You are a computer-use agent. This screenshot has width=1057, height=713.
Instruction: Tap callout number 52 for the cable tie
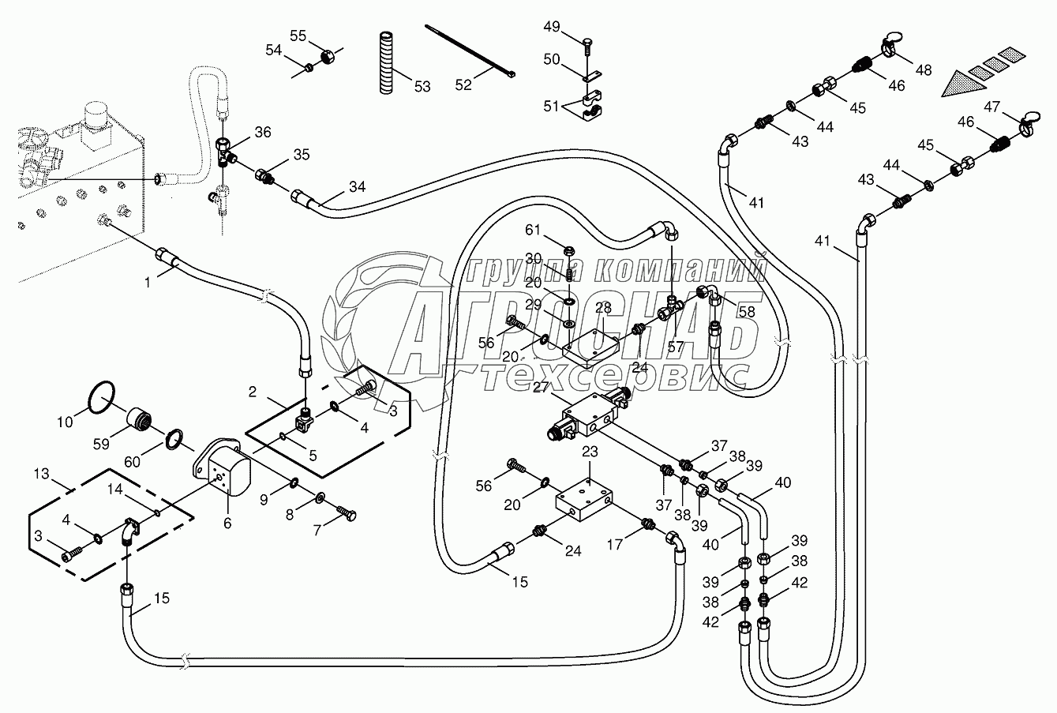463,84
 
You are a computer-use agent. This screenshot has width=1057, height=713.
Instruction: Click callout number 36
262,132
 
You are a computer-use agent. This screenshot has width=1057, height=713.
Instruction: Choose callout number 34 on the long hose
358,188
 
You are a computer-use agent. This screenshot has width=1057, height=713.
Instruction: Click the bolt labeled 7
347,514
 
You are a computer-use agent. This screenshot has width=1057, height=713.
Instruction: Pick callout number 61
534,230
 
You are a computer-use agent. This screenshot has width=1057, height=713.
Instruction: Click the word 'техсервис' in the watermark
616,377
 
